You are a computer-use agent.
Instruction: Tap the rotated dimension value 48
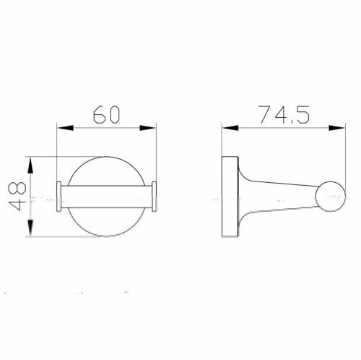pos(14,197)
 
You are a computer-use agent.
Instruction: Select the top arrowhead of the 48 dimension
pos(30,163)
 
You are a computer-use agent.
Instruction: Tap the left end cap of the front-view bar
pos(58,197)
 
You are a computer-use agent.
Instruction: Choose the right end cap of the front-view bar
pos(155,197)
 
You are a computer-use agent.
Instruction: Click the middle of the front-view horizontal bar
pos(107,197)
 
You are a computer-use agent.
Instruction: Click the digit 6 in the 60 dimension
pos(98,114)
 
